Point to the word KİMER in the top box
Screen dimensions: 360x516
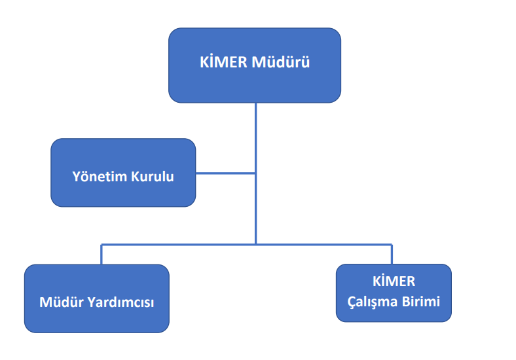click(x=223, y=63)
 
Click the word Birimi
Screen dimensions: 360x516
click(x=420, y=302)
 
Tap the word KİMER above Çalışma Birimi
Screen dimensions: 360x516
click(x=394, y=281)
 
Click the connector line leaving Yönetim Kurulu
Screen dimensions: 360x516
click(x=225, y=173)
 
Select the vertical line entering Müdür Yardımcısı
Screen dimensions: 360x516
click(x=101, y=255)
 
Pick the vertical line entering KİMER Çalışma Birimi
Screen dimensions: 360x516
click(x=392, y=255)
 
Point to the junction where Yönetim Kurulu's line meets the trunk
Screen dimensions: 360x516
click(x=255, y=173)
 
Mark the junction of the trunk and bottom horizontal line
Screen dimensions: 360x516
click(x=255, y=244)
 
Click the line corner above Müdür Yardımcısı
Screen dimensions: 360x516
click(x=101, y=244)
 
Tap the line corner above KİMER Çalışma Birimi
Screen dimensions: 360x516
click(x=392, y=244)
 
